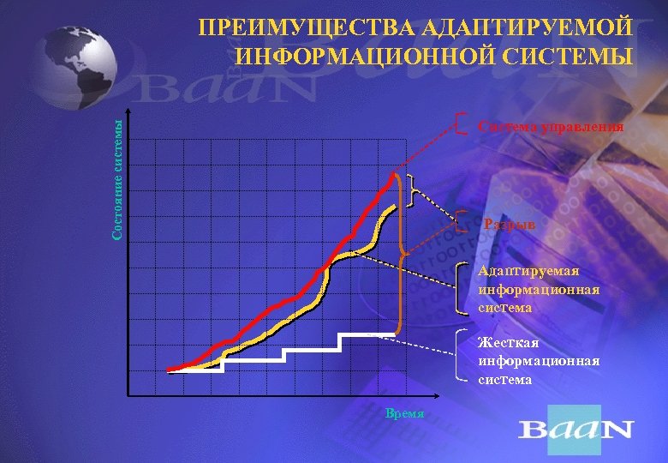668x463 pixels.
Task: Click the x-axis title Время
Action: (x=405, y=413)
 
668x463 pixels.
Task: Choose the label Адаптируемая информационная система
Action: (x=539, y=289)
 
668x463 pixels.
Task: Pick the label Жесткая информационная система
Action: (x=539, y=361)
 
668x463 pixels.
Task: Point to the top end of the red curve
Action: (x=395, y=175)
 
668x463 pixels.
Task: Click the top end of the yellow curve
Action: (x=394, y=207)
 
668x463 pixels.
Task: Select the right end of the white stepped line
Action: (x=395, y=334)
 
